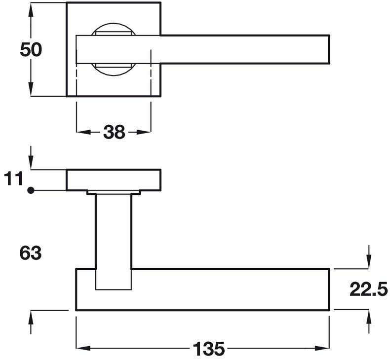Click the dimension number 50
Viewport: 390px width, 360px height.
[x=31, y=50]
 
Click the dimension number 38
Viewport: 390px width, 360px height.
[x=114, y=132]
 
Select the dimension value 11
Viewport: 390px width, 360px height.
[x=13, y=178]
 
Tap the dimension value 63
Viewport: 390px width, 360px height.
[x=30, y=253]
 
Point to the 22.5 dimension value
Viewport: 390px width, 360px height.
[x=369, y=289]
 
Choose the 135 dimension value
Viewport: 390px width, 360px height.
[x=209, y=349]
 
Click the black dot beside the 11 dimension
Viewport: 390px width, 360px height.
[x=31, y=190]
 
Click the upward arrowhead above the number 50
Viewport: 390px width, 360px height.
[x=31, y=10]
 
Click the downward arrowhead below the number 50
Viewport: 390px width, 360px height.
[x=31, y=89]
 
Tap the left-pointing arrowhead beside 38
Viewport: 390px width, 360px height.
[x=83, y=132]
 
